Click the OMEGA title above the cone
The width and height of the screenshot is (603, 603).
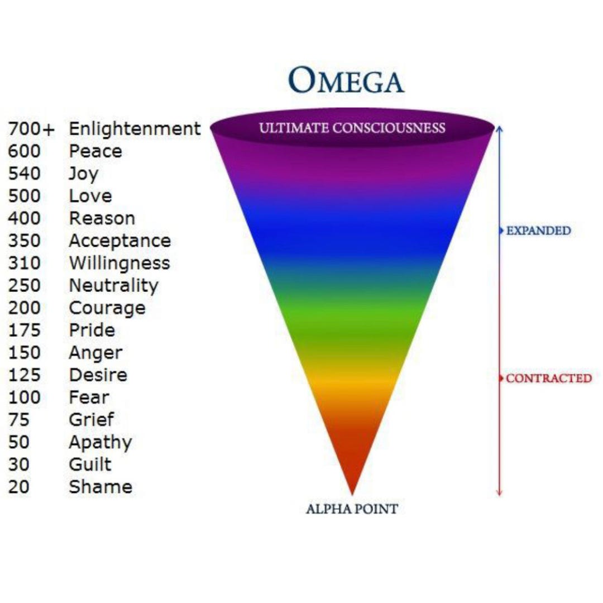click(346, 80)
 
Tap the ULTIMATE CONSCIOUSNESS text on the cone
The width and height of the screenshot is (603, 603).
click(352, 128)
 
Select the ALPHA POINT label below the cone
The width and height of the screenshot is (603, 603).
click(352, 509)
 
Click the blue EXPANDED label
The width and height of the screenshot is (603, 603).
click(538, 231)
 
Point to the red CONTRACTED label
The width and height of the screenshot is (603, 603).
click(549, 379)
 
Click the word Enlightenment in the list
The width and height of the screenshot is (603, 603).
click(135, 128)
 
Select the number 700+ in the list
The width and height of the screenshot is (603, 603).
click(31, 129)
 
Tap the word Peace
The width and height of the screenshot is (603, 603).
click(95, 151)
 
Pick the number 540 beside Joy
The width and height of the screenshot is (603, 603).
click(24, 174)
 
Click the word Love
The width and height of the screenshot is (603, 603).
click(90, 196)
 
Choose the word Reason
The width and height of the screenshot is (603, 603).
click(102, 218)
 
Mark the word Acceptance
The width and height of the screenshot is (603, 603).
click(120, 241)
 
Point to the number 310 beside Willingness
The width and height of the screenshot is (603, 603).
click(24, 263)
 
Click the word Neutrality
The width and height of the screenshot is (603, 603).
click(113, 286)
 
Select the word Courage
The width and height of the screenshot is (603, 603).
click(107, 308)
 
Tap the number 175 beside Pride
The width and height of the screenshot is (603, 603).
click(24, 330)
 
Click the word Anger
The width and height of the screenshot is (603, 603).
click(96, 353)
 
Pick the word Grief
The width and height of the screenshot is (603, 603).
click(92, 419)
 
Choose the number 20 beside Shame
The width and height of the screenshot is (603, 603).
click(18, 487)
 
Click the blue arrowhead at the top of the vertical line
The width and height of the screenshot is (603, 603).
click(499, 128)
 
